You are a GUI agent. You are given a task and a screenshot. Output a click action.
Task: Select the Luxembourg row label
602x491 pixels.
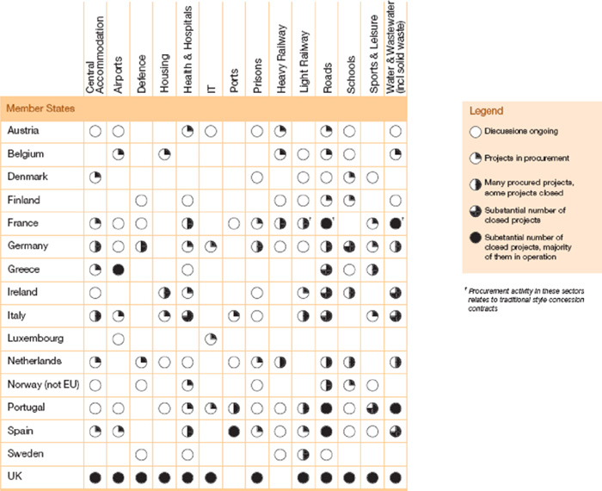34,338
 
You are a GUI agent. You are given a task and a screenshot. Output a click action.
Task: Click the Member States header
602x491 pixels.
40,109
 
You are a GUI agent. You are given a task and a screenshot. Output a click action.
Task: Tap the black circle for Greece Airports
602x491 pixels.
119,269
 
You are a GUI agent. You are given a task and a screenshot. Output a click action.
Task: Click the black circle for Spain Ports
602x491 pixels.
234,430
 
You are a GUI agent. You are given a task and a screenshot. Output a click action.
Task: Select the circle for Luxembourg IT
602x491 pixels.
211,338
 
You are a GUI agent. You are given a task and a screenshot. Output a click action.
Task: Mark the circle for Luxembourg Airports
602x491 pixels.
119,338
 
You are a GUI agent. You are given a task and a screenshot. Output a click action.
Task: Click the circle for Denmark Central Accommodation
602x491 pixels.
95,177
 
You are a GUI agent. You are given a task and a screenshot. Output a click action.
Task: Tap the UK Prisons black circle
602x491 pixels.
257,475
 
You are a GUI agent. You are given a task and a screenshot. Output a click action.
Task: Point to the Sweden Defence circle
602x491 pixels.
142,453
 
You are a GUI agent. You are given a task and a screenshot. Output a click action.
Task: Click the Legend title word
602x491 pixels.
486,111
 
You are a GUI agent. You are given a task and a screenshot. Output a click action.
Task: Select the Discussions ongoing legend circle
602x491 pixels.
474,132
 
